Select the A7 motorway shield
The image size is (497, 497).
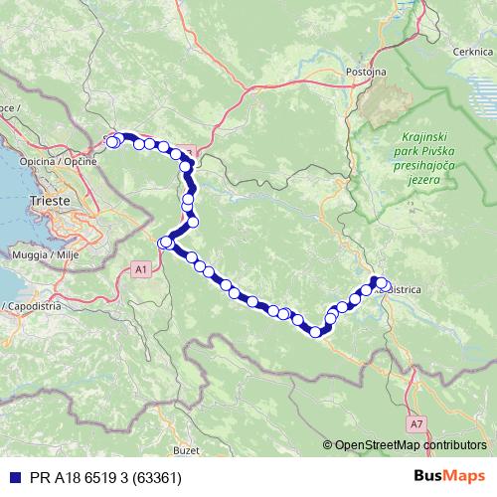click(x=414, y=423)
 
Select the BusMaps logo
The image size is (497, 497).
click(x=456, y=477)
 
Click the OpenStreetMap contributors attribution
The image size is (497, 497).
click(x=410, y=445)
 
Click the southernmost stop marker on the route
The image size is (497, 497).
click(x=317, y=332)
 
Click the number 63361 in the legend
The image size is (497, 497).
click(x=153, y=477)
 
